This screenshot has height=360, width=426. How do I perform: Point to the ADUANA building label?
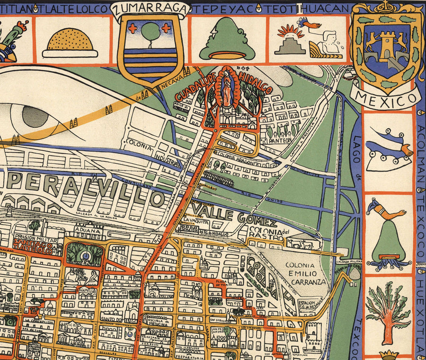(x=87, y=228)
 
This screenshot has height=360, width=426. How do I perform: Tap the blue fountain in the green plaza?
(x=85, y=256)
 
